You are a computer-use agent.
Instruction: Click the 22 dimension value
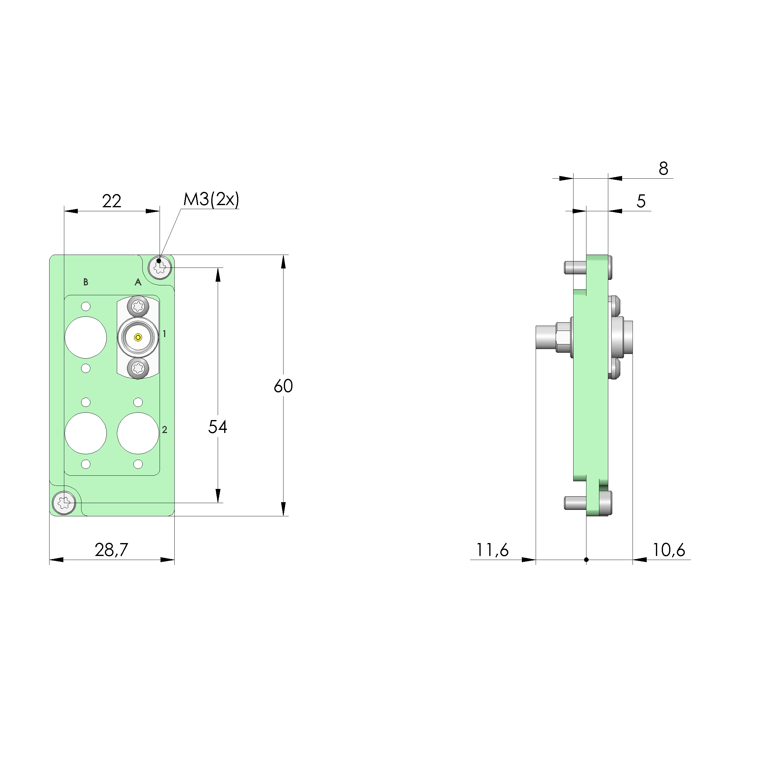point(112,201)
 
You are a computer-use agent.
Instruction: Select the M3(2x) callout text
point(211,199)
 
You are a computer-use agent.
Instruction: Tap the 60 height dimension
point(284,386)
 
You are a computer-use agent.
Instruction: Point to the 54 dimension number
point(218,427)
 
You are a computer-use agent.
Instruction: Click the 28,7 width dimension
point(112,550)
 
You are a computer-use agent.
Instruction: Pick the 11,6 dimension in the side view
point(493,550)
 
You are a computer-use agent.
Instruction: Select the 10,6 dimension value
point(669,550)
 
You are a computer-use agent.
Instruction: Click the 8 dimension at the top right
point(663,169)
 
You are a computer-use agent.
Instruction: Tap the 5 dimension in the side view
point(641,201)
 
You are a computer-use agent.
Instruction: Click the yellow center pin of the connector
point(138,338)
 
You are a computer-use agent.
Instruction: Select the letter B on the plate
point(86,282)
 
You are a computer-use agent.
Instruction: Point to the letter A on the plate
point(138,282)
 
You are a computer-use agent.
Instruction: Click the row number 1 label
point(164,334)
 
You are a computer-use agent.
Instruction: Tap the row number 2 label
point(164,430)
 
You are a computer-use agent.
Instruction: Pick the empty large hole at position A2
point(138,434)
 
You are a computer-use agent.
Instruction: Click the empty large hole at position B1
point(86,338)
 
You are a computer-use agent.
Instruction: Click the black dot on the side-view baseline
point(586,560)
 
